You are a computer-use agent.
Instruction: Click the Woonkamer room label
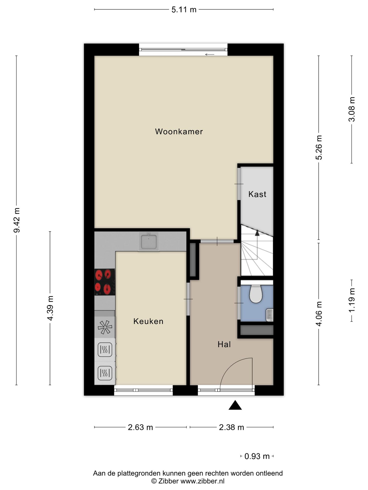click(179, 132)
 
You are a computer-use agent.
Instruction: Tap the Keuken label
click(148, 321)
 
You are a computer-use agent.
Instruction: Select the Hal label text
click(224, 345)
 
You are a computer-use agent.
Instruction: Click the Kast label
click(257, 194)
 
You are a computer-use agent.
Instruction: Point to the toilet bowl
click(256, 294)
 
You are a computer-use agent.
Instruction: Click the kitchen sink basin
click(149, 241)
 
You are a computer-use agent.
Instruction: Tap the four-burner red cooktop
click(105, 282)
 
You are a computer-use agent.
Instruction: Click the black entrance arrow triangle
click(235, 405)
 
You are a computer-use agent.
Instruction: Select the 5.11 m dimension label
click(184, 10)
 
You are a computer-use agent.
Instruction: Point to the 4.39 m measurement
click(50, 308)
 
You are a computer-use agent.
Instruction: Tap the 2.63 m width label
click(140, 427)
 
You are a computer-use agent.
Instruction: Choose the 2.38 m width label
click(232, 427)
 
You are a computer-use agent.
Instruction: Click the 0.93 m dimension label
click(257, 456)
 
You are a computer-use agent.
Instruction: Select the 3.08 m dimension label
click(352, 109)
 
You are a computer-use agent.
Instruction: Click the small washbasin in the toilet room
click(270, 315)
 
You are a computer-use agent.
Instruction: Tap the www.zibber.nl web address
click(203, 481)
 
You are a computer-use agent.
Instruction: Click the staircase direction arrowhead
click(257, 233)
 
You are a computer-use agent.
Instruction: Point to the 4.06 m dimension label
click(319, 314)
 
